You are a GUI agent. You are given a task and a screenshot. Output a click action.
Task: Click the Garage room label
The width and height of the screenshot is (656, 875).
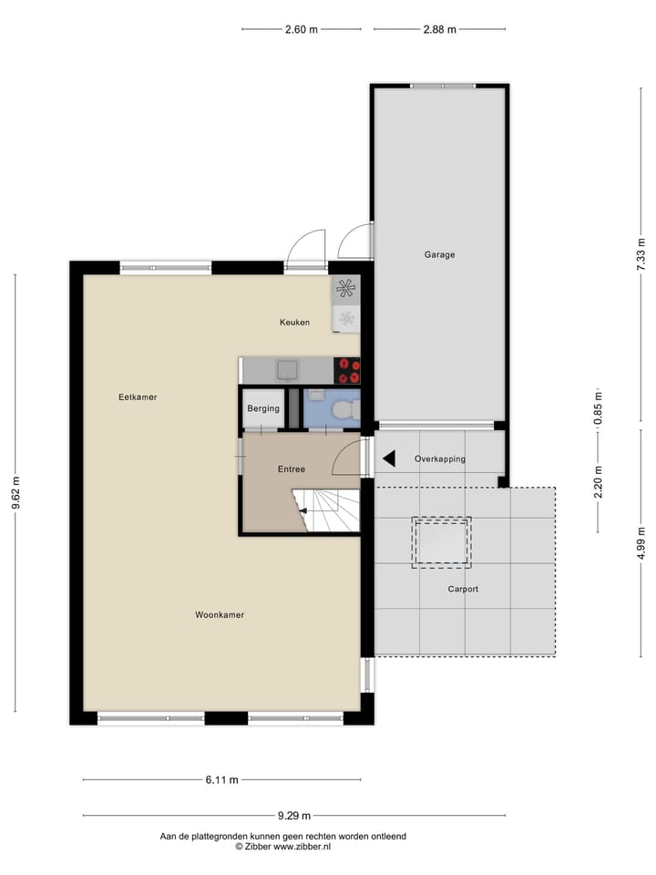[439, 255]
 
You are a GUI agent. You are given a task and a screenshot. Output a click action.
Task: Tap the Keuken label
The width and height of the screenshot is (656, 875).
[294, 323]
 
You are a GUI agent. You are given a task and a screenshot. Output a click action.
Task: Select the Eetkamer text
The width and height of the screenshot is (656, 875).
[138, 397]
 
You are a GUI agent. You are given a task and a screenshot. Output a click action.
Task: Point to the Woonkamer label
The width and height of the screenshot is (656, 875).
[220, 615]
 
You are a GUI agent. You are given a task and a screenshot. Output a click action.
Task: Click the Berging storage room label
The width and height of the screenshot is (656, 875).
[263, 409]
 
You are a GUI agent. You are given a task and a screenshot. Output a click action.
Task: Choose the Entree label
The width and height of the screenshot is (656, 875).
[292, 469]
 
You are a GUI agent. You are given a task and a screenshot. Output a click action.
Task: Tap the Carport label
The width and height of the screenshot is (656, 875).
[463, 590]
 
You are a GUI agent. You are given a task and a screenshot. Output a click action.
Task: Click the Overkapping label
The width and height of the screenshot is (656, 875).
[439, 459]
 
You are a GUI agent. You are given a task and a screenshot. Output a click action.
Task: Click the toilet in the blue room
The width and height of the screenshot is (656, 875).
[342, 410]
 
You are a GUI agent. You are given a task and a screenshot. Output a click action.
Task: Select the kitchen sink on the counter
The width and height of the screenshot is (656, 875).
[290, 369]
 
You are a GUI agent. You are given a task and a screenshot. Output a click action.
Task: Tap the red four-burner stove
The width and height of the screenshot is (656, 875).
[347, 370]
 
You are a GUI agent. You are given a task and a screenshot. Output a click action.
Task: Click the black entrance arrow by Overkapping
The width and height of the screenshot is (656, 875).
[388, 459]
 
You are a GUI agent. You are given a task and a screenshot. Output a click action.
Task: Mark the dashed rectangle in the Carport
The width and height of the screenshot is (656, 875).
[442, 543]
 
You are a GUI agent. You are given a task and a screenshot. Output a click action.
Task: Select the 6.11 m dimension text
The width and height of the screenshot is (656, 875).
[221, 780]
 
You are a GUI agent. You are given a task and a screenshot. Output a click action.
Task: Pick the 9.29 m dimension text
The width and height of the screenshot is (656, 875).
[294, 816]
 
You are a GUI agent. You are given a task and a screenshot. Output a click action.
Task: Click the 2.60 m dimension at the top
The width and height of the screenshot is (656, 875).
[302, 29]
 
